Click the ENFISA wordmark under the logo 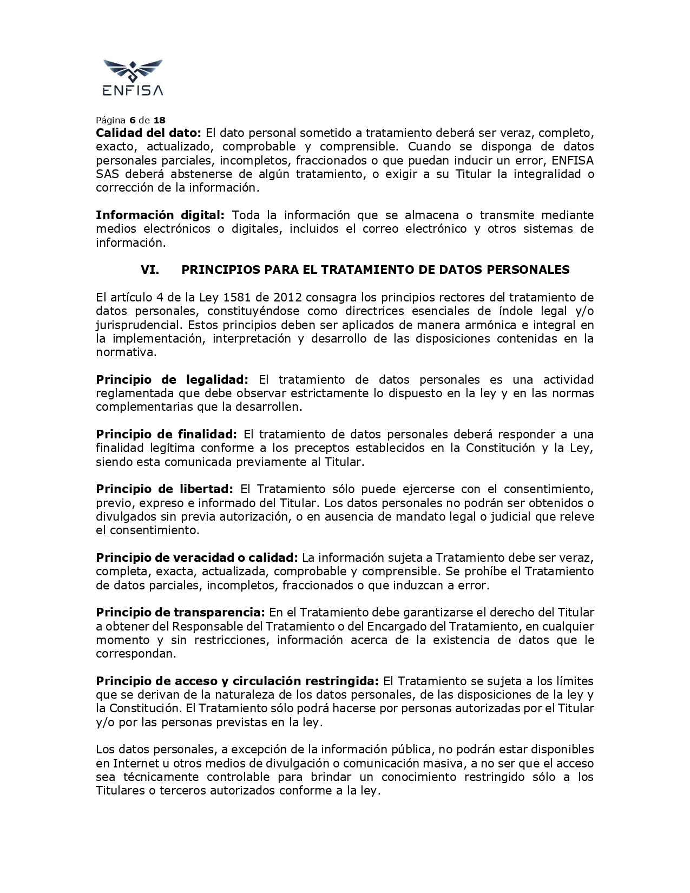coord(133,90)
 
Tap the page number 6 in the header coord(132,120)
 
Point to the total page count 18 coord(159,120)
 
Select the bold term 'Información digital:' coord(160,215)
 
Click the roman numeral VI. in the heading coord(150,270)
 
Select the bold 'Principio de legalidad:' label coord(172,380)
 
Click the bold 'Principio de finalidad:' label coord(166,435)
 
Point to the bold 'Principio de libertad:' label coord(165,489)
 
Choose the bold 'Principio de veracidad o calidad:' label coord(197,558)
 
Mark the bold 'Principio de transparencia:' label coord(180,613)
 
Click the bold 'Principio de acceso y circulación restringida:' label coord(238,681)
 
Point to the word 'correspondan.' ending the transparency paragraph coord(136,654)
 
